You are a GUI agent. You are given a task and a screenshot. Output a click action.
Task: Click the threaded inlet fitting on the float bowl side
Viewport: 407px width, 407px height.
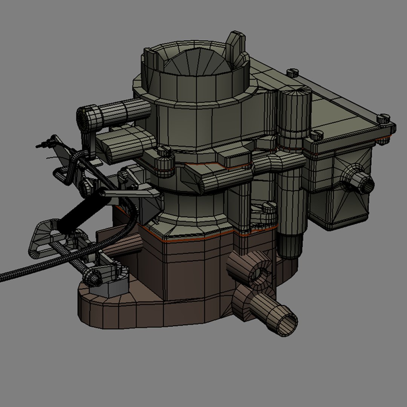click(364, 184)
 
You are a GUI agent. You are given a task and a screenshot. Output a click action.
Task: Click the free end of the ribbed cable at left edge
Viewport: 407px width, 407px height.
click(3, 277)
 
